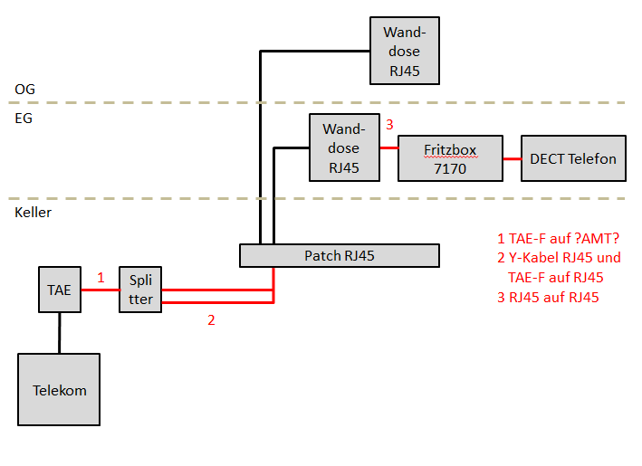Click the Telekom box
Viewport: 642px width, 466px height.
[x=59, y=389]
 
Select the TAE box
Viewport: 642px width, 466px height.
[x=60, y=290]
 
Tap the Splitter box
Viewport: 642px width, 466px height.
[x=140, y=290]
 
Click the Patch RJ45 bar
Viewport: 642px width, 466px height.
[x=339, y=255]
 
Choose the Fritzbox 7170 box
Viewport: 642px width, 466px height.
[x=450, y=158]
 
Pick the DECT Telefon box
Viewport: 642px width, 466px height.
[x=572, y=158]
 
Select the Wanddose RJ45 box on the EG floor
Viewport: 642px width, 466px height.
[x=344, y=147]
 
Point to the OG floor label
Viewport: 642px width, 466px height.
[x=25, y=90]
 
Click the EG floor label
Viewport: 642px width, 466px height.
[x=24, y=118]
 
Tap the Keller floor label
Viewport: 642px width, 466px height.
[x=34, y=213]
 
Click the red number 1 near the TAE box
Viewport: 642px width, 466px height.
[x=101, y=277]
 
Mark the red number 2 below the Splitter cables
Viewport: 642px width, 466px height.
[x=211, y=319]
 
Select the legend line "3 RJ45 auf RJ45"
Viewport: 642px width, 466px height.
[x=548, y=298]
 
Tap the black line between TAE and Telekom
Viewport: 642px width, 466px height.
[x=60, y=333]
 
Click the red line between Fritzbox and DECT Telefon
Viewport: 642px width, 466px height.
[x=511, y=158]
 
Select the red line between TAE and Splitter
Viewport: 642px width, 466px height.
[x=100, y=290]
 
